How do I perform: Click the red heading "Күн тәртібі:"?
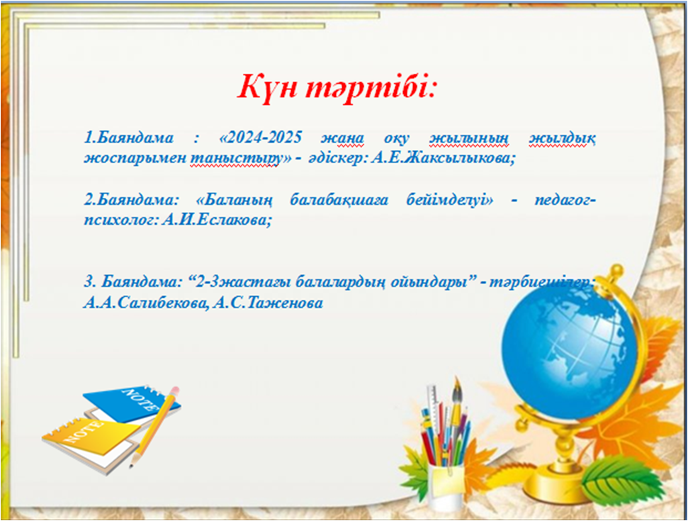point(337,87)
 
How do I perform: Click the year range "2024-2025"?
point(260,138)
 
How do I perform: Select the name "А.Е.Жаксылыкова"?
point(442,158)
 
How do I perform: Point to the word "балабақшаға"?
point(339,200)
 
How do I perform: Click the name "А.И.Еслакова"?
point(217,219)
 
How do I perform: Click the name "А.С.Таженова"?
point(268,303)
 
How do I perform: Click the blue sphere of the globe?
point(569,347)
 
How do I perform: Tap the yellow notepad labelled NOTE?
point(91,437)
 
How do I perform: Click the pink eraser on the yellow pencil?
point(174,391)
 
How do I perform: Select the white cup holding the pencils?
point(444,486)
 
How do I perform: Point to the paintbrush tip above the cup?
point(456,387)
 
